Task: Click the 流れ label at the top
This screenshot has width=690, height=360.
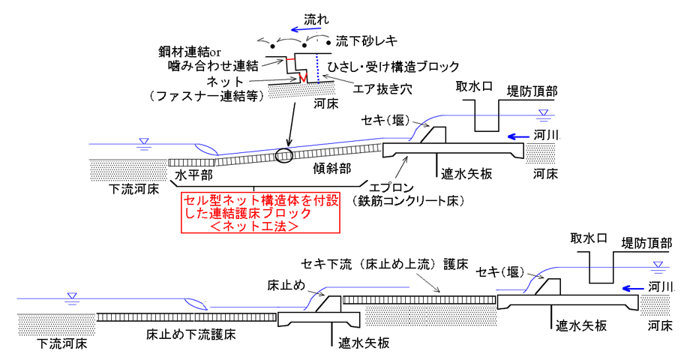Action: pos(316,19)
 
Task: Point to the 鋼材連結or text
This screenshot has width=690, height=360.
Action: pos(190,52)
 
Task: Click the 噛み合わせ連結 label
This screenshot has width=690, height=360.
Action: pos(214,66)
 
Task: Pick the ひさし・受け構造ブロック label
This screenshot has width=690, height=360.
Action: pos(394,67)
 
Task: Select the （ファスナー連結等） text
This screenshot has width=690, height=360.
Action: pos(207,95)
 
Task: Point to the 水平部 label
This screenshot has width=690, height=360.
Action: pos(193,175)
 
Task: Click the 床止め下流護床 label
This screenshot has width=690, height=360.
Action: pos(190,334)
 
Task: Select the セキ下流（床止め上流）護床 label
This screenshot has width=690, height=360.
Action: pos(385,264)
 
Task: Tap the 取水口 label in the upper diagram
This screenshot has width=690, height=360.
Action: pos(474,86)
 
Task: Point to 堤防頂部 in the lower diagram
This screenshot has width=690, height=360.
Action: pos(646,243)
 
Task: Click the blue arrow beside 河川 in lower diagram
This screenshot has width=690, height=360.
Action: pos(633,289)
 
